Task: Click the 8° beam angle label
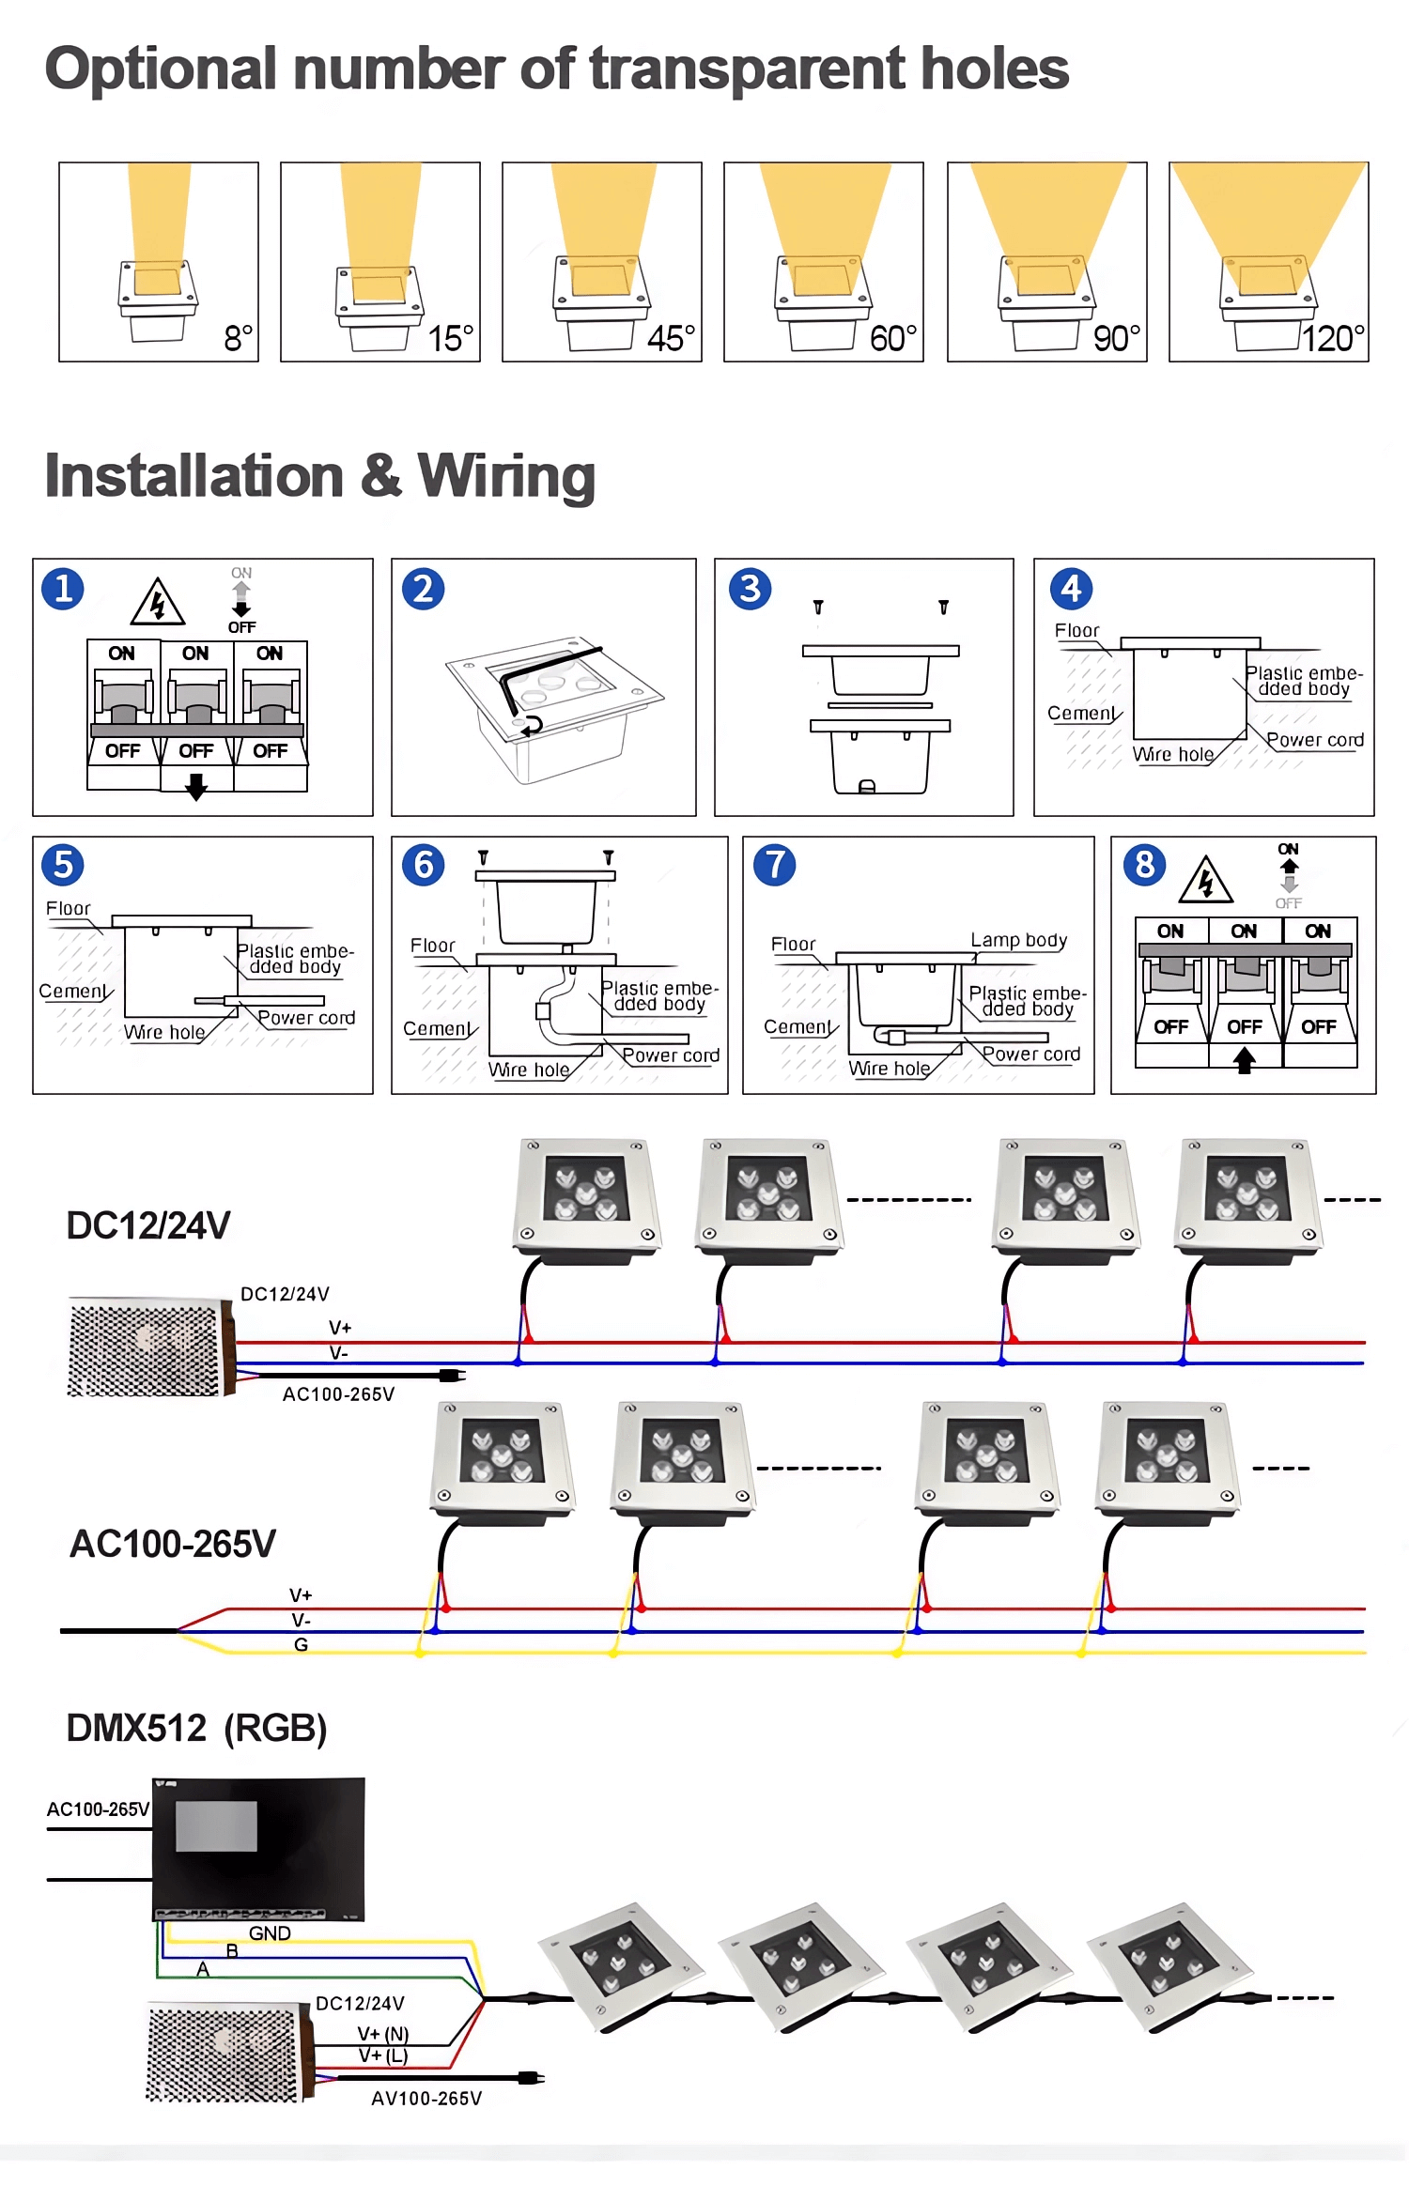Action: tap(238, 338)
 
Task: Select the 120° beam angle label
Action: tap(1333, 338)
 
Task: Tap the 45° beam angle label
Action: tap(671, 338)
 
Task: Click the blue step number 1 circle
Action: tap(63, 590)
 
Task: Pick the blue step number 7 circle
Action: tap(774, 865)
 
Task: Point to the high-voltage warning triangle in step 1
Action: tap(157, 603)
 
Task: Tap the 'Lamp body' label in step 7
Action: tap(1018, 940)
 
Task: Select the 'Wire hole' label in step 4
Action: tap(1173, 754)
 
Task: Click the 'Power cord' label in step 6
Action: tap(671, 1055)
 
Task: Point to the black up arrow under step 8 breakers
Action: tap(1245, 1060)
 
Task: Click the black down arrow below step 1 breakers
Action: tap(195, 787)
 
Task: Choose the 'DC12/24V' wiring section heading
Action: tap(148, 1225)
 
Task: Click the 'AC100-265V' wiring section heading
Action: tap(173, 1544)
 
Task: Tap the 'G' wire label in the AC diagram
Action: tap(301, 1644)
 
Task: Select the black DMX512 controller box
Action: tap(258, 1848)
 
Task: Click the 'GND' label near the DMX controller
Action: tap(270, 1933)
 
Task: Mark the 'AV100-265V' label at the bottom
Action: tap(426, 2099)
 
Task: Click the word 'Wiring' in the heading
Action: tap(506, 476)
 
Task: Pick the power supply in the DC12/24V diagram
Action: tap(150, 1347)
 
